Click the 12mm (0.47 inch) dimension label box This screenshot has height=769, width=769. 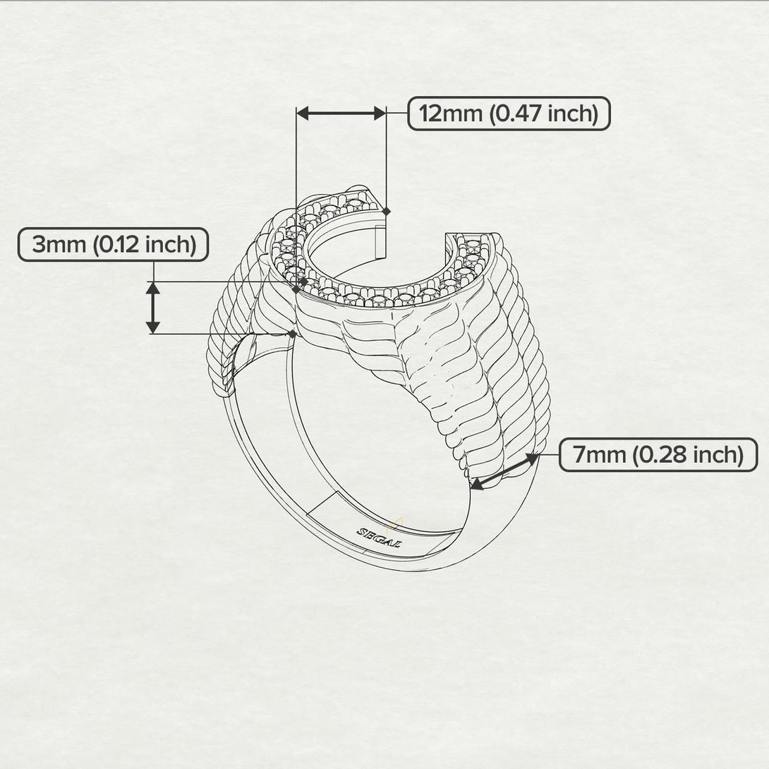pyautogui.click(x=509, y=114)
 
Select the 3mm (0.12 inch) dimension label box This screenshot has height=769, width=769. pyautogui.click(x=113, y=245)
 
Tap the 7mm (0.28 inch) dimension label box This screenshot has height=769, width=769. pyautogui.click(x=658, y=455)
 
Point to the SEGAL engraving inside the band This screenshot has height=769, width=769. pyautogui.click(x=380, y=537)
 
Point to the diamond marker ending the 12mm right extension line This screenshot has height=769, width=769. pyautogui.click(x=386, y=210)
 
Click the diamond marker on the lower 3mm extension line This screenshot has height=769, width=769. pyautogui.click(x=292, y=333)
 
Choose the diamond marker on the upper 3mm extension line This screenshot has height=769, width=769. pyautogui.click(x=303, y=281)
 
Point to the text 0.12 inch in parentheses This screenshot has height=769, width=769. pyautogui.click(x=144, y=245)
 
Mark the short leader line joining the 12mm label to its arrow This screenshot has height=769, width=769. pyautogui.click(x=397, y=113)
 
